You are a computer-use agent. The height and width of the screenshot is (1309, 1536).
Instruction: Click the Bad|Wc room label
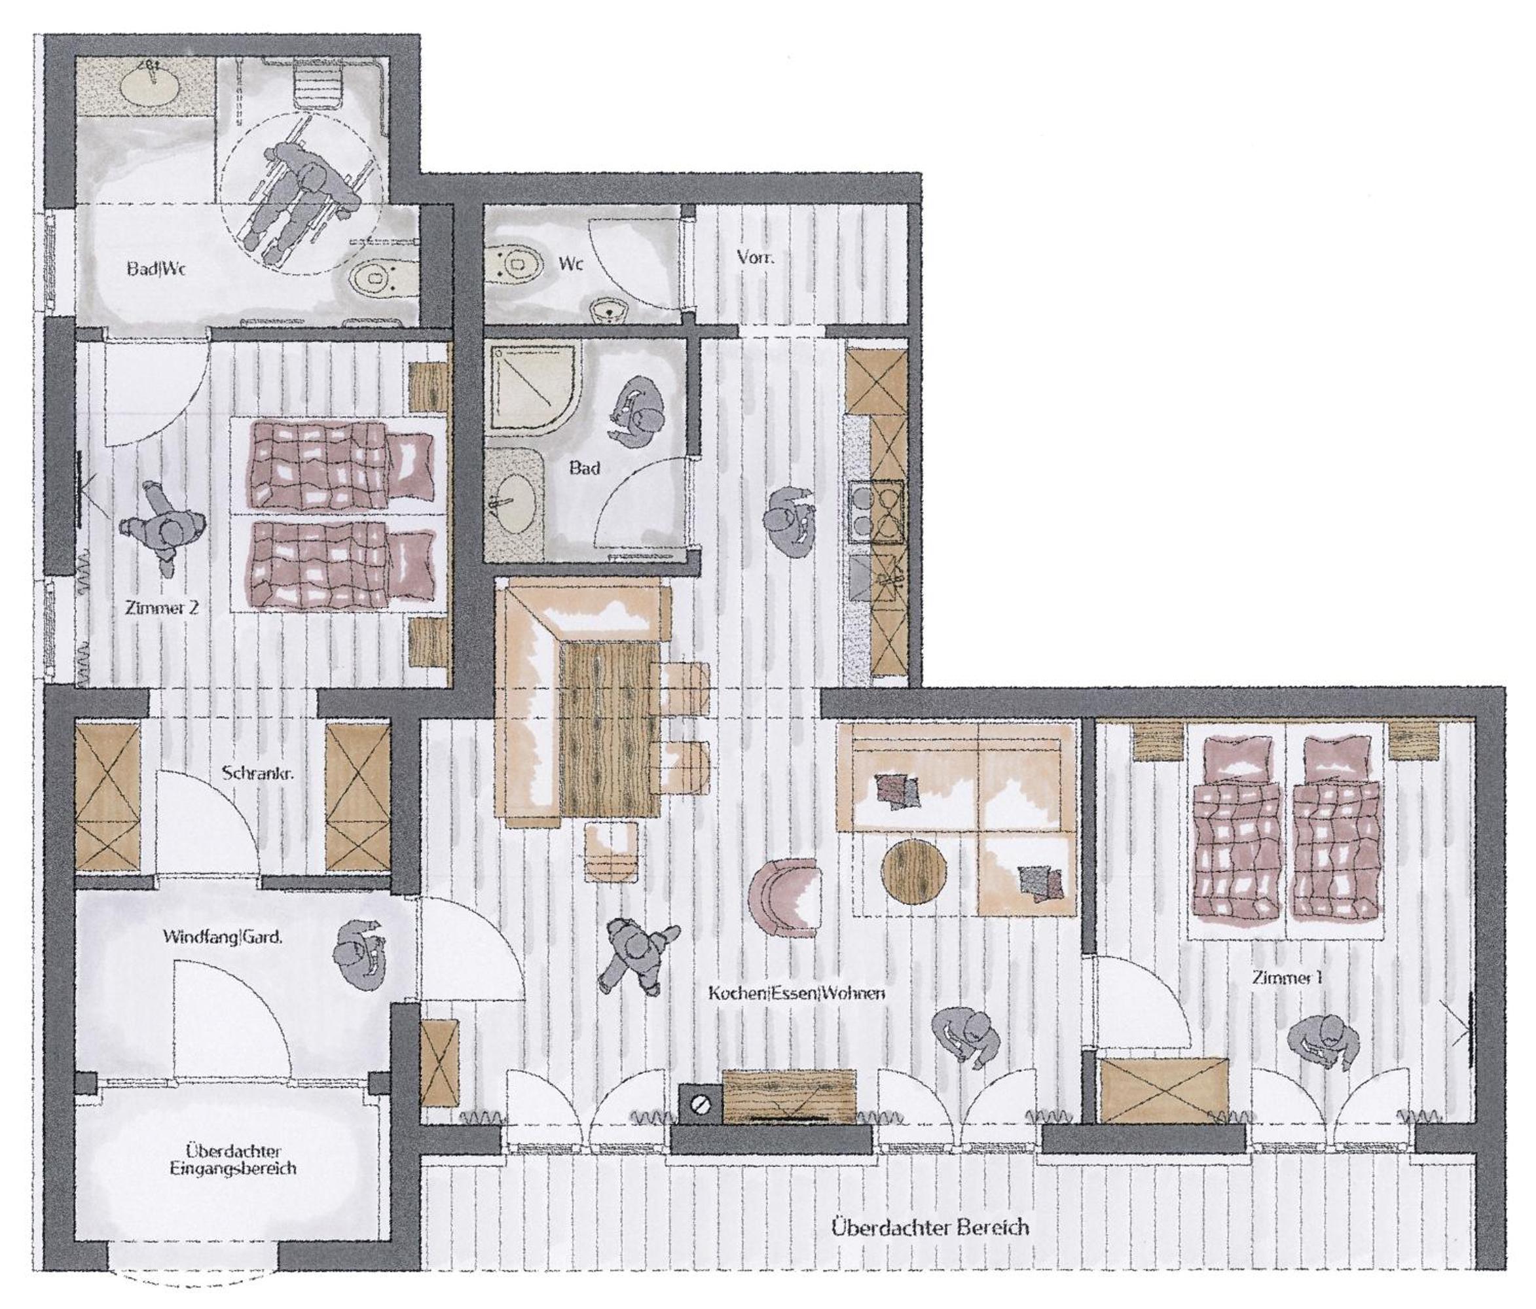point(155,268)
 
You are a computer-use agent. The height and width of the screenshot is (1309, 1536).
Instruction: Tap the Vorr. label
point(756,257)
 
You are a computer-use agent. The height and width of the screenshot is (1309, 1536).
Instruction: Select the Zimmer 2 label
point(162,609)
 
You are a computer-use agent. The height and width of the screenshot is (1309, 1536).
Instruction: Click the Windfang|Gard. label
point(223,937)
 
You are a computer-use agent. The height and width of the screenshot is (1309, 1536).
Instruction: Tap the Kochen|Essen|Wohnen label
point(797,992)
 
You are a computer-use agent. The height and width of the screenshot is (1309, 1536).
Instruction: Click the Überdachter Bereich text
point(930,1227)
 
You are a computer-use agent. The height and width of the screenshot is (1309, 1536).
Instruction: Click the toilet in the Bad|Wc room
point(376,278)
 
